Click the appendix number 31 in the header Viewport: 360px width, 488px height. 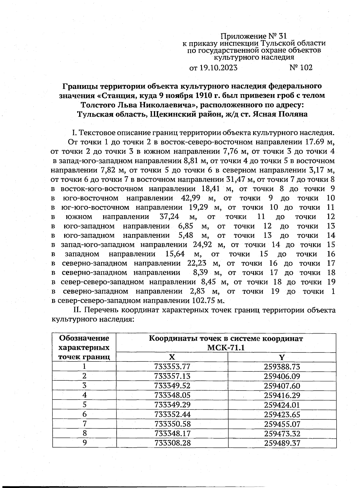(282, 37)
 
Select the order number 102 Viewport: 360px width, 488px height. (306, 68)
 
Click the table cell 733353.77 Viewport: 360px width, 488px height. (172, 367)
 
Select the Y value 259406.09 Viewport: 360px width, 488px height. (282, 376)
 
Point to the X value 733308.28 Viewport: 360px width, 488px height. (172, 443)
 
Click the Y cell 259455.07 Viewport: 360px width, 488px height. (282, 424)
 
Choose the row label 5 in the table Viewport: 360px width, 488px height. (85, 405)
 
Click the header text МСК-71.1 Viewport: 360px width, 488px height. (226, 348)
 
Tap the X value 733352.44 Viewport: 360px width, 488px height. (172, 415)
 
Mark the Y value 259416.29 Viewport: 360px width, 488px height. (282, 395)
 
